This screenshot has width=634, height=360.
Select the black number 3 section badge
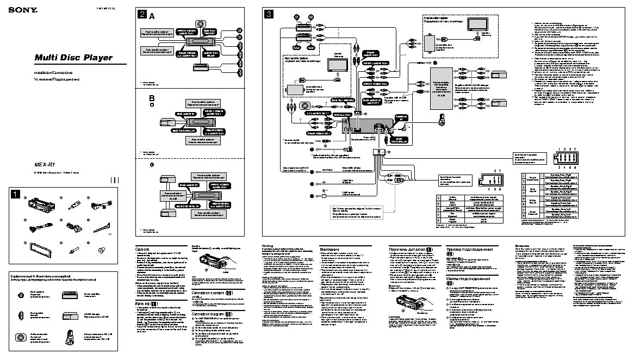click(x=268, y=15)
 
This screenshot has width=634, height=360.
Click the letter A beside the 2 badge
click(x=152, y=16)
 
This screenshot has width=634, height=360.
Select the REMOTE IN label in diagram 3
click(x=402, y=118)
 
